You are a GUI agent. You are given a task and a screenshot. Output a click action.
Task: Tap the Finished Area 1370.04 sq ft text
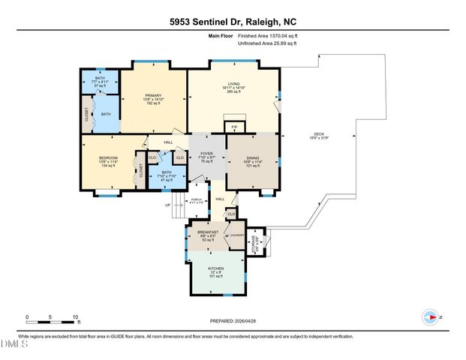coord(269,35)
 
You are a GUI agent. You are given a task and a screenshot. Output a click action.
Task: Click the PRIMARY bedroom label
coord(153,99)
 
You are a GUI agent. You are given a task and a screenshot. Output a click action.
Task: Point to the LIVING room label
coord(233,87)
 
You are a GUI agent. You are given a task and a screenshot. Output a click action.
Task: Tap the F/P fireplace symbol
coord(232,127)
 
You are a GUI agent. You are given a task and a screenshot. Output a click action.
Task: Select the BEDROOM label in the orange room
coord(109,161)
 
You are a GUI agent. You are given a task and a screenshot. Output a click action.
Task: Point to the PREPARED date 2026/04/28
coord(233,321)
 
